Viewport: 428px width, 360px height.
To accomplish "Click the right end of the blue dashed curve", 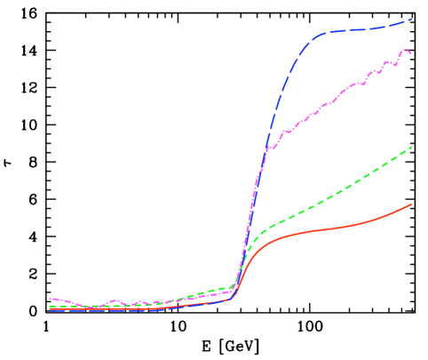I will tap(411, 19).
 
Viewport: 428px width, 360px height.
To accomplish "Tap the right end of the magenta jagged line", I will tap(410, 53).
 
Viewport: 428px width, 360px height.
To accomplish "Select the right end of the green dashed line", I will tap(412, 148).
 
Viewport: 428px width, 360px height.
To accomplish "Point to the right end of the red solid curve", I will tap(412, 204).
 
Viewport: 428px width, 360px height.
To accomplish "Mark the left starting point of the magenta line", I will tap(50, 299).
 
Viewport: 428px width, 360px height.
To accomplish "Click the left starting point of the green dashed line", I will tap(50, 306).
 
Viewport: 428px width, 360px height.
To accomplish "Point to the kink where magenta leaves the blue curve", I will tap(268, 148).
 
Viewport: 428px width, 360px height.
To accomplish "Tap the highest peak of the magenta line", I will tap(406, 49).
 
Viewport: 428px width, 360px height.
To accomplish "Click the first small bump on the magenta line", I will tap(115, 300).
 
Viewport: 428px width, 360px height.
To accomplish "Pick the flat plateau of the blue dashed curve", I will tap(355, 31).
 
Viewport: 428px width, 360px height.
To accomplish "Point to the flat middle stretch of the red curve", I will tap(320, 230).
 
